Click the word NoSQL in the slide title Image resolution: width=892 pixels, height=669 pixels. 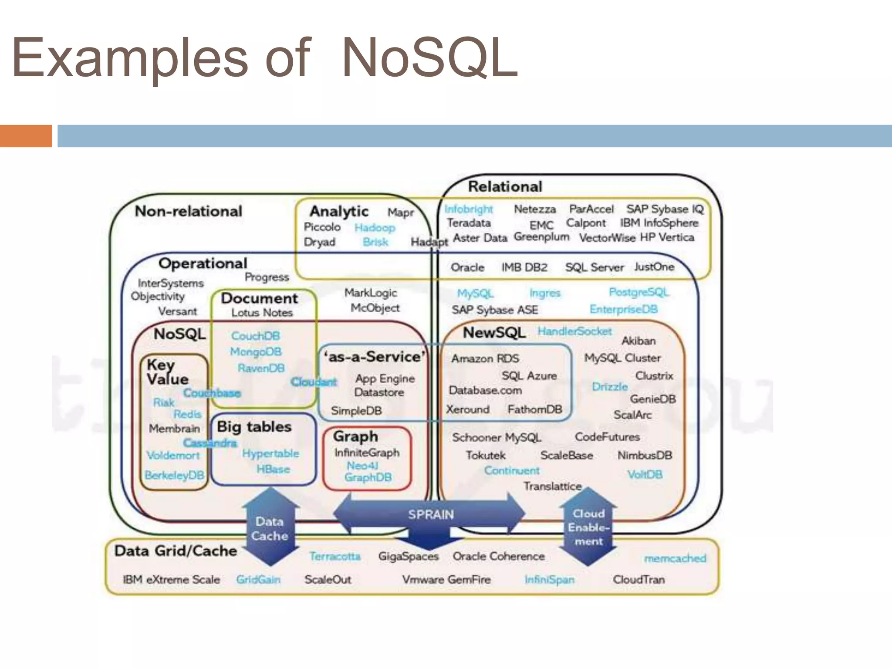click(429, 59)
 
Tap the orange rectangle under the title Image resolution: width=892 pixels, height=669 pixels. click(26, 136)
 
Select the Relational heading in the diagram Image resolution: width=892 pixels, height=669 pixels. click(505, 186)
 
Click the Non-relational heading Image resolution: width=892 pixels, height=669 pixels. click(188, 211)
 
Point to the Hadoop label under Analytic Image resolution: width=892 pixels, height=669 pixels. click(375, 227)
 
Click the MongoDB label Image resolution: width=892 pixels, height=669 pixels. click(256, 351)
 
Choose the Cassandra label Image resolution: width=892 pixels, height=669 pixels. click(209, 443)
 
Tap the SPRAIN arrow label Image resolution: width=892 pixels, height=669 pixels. click(430, 514)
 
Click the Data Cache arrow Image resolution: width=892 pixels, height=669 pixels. click(270, 528)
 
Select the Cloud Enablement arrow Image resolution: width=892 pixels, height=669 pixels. click(588, 527)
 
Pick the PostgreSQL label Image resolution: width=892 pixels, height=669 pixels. click(639, 292)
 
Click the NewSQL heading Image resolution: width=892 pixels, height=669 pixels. click(494, 333)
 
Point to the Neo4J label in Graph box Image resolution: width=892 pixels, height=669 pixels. click(362, 466)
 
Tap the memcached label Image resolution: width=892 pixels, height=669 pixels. click(675, 558)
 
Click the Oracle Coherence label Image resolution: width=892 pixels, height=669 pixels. click(499, 556)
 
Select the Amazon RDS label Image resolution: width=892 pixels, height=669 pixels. click(485, 358)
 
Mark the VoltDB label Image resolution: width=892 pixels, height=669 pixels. click(645, 474)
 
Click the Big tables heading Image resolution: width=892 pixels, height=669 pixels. click(254, 426)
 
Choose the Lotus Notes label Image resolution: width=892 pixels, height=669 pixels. click(262, 313)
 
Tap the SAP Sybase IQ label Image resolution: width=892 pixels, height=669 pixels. click(665, 209)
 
